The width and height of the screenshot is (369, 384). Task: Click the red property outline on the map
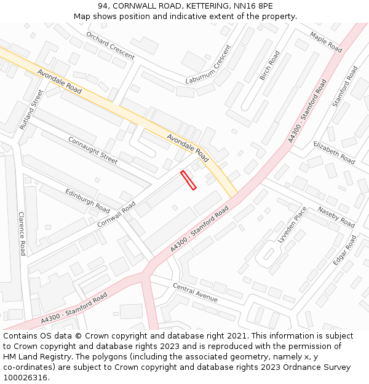[x=188, y=180]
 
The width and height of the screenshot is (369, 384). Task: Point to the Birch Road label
[x=269, y=65]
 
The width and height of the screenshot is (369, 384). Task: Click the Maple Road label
[x=326, y=42]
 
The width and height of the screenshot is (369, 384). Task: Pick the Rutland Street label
[x=32, y=109]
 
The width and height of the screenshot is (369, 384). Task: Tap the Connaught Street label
[x=92, y=150]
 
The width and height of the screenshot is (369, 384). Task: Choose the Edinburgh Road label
[x=87, y=201]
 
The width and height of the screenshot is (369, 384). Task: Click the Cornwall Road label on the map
[x=116, y=214]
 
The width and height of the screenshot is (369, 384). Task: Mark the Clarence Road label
[x=22, y=233]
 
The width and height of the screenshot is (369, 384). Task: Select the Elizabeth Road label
[x=334, y=152]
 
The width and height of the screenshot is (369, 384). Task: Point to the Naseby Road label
[x=336, y=217]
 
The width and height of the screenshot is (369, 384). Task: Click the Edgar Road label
[x=344, y=251]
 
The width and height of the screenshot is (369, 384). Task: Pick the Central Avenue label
[x=195, y=292]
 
